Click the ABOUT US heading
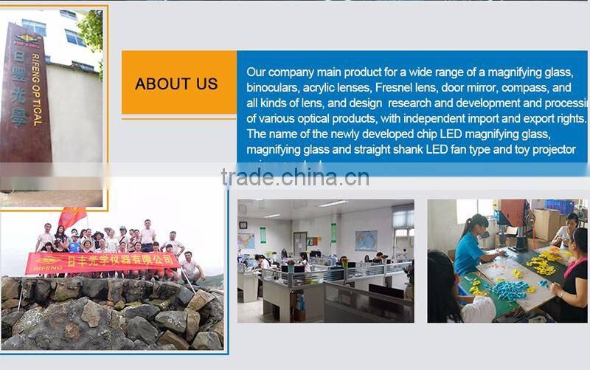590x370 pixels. [x=176, y=83]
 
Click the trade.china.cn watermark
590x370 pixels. [x=295, y=177]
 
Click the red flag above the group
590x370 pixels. [x=72, y=216]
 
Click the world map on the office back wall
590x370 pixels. [x=366, y=240]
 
